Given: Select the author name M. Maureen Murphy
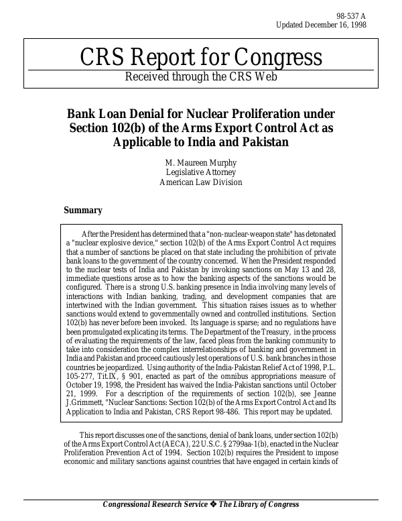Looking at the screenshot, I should coord(201,163).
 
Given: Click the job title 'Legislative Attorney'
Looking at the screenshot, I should coord(201,172).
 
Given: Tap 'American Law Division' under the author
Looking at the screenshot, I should coord(201,182).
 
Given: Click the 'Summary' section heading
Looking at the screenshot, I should coord(83,211).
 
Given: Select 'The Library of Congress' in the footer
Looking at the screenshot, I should coord(259,505).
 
